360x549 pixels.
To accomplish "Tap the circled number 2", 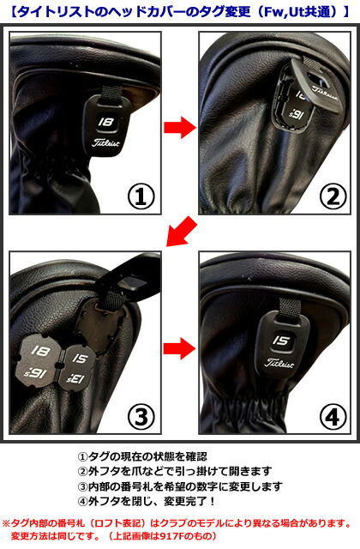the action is (333, 196).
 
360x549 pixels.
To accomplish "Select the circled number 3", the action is (141, 417).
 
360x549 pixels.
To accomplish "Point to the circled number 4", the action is (333, 418).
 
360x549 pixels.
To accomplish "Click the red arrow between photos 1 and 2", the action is (180, 127).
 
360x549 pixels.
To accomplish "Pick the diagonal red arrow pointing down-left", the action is (183, 232).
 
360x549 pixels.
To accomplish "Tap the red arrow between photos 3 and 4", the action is (179, 348).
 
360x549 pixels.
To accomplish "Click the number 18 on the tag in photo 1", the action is (105, 122).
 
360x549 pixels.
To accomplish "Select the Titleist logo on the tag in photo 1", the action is (106, 142).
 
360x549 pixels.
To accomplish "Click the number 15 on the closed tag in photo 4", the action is (280, 341).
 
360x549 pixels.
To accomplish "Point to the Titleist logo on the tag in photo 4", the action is (279, 363).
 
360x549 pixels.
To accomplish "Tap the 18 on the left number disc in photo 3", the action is (40, 350).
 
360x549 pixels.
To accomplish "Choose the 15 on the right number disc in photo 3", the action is (80, 359).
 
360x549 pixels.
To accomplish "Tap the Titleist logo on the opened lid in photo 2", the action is (325, 93).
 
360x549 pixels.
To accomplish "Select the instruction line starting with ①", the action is (142, 456).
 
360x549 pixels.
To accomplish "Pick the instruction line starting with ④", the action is (146, 501).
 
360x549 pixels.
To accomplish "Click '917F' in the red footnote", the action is (171, 536).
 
